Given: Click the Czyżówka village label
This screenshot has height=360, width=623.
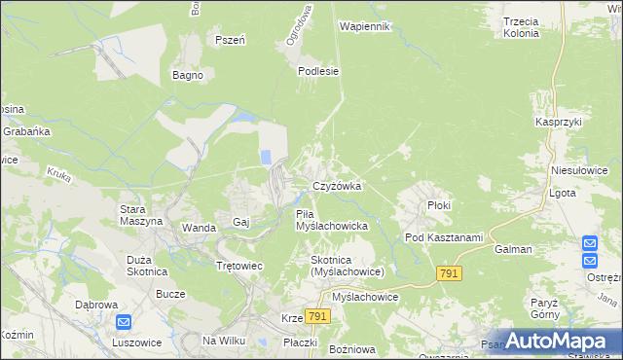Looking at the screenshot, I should tap(337, 186).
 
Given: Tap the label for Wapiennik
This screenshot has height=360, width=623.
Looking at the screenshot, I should tap(364, 26).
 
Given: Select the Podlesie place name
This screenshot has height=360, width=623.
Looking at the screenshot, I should tap(318, 71).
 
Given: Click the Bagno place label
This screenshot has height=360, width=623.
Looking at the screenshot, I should tap(187, 75).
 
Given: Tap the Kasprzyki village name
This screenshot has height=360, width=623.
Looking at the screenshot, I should tap(558, 121).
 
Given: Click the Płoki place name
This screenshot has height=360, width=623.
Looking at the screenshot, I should tap(439, 205).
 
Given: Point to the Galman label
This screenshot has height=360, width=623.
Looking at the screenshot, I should tap(513, 249).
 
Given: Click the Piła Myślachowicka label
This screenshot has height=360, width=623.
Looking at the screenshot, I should tap(330, 219).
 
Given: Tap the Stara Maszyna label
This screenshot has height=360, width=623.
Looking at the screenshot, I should tap(139, 215).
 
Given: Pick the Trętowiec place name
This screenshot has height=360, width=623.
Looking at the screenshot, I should tap(240, 266).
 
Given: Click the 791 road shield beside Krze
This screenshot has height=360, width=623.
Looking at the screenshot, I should tap(317, 317).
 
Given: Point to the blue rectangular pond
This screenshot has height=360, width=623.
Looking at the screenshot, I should tap(264, 157).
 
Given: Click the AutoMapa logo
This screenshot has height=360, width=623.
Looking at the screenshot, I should tap(560, 340).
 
